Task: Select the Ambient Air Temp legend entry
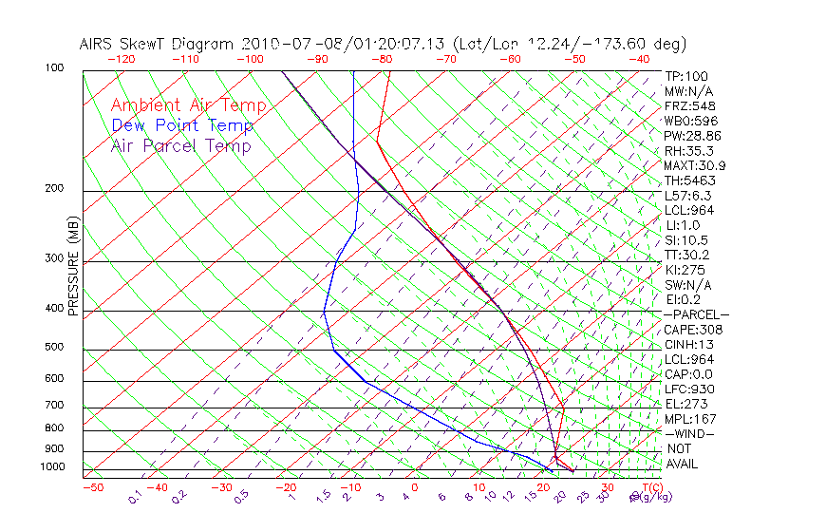pyautogui.click(x=188, y=105)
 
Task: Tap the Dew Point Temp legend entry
pyautogui.click(x=182, y=125)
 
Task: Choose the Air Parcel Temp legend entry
pyautogui.click(x=180, y=145)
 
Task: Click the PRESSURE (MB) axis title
pyautogui.click(x=73, y=270)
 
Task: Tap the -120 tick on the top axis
pyautogui.click(x=121, y=59)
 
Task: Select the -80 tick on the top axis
pyautogui.click(x=381, y=59)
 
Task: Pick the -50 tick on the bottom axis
pyautogui.click(x=93, y=487)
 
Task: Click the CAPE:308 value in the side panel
pyautogui.click(x=693, y=330)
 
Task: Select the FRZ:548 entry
pyautogui.click(x=691, y=105)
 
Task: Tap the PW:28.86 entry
pyautogui.click(x=693, y=136)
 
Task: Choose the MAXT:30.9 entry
pyautogui.click(x=695, y=165)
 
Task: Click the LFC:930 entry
pyautogui.click(x=689, y=389)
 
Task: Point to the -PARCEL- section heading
pyautogui.click(x=696, y=314)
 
